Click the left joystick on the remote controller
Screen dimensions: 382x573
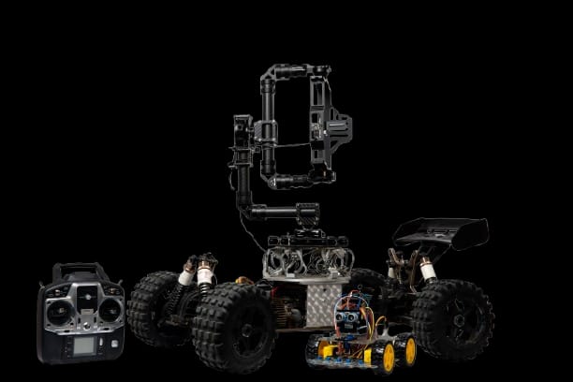coord(60,312)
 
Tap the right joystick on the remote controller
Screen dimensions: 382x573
coord(109,310)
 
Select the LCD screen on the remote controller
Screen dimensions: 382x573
coord(84,345)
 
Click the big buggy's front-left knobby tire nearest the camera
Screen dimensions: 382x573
coord(233,327)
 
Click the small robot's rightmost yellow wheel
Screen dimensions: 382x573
coord(405,350)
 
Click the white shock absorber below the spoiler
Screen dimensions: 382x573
coord(427,270)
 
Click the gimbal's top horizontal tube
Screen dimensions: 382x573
coord(295,70)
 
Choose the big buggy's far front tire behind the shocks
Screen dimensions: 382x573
coord(154,304)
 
